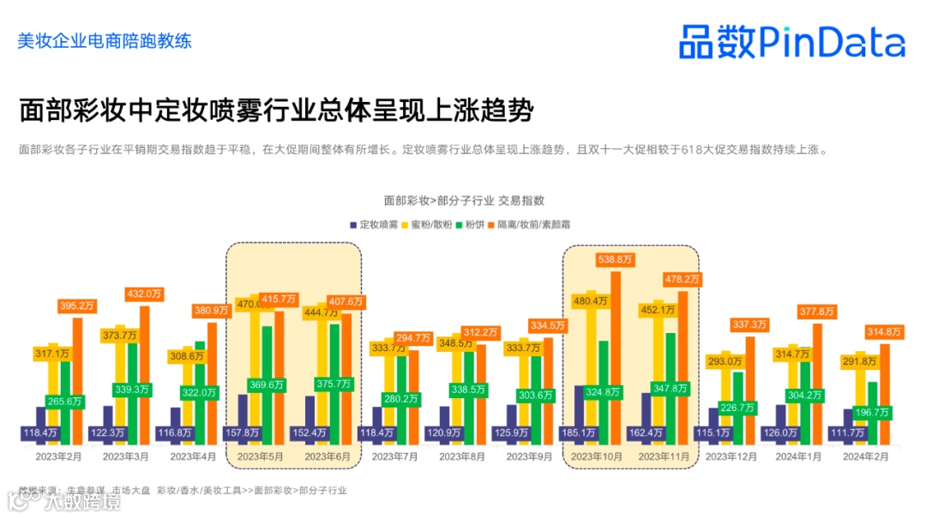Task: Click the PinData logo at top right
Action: coord(791,41)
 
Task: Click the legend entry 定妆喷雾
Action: coord(374,224)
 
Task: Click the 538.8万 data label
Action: coord(616,259)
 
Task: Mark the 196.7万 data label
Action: coord(873,413)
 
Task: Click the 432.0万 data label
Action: coord(144,294)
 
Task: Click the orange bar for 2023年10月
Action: coord(616,360)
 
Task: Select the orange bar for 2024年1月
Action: coord(817,385)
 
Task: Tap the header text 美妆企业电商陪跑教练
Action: coord(105,40)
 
